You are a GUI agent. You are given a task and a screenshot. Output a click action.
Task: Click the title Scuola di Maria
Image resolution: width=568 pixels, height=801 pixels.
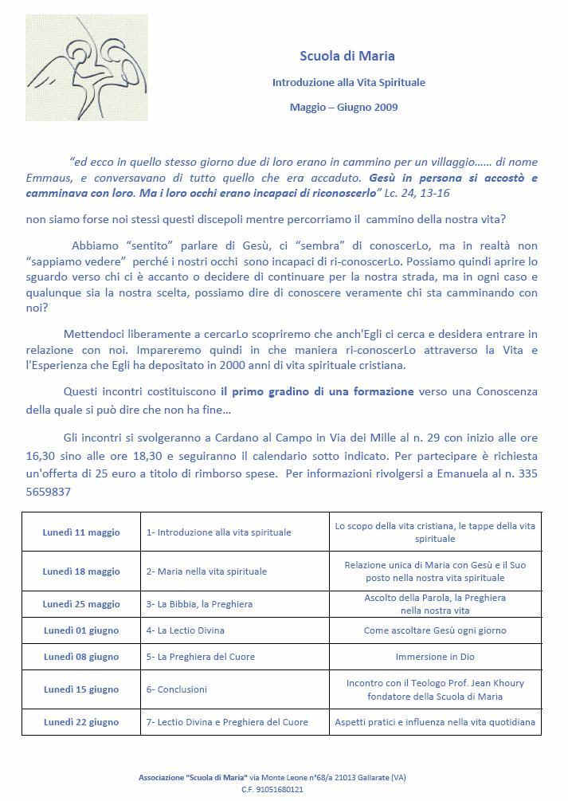click(x=347, y=56)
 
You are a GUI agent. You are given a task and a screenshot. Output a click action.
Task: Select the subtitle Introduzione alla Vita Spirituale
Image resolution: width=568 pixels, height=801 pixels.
click(x=348, y=82)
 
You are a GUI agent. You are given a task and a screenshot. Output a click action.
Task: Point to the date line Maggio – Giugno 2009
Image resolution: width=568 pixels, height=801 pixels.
click(x=343, y=107)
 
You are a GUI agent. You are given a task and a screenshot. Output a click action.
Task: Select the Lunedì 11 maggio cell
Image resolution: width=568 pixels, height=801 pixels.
click(x=81, y=532)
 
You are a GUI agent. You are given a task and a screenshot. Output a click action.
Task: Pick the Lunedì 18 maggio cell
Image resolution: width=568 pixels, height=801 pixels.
click(x=81, y=571)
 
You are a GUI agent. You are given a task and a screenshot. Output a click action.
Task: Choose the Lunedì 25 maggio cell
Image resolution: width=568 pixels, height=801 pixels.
click(x=81, y=604)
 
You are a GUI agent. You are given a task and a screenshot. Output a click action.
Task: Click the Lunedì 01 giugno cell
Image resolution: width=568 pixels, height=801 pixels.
click(x=81, y=630)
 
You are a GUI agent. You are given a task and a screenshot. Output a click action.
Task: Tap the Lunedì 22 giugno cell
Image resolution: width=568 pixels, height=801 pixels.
click(x=81, y=723)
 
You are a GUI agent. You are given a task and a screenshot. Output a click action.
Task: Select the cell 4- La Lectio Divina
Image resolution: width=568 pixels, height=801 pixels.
click(x=186, y=630)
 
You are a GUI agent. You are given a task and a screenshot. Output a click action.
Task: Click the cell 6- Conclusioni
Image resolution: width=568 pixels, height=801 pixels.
click(x=177, y=689)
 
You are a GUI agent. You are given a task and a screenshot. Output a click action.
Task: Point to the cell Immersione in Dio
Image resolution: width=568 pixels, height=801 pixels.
click(x=435, y=658)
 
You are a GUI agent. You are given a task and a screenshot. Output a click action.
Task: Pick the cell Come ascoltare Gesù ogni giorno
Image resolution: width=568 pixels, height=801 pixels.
click(x=435, y=630)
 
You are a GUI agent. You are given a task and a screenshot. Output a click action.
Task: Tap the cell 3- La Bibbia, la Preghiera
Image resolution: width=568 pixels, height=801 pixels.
click(x=199, y=604)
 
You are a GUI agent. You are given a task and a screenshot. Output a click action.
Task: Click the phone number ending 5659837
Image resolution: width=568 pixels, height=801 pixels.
click(x=49, y=492)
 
